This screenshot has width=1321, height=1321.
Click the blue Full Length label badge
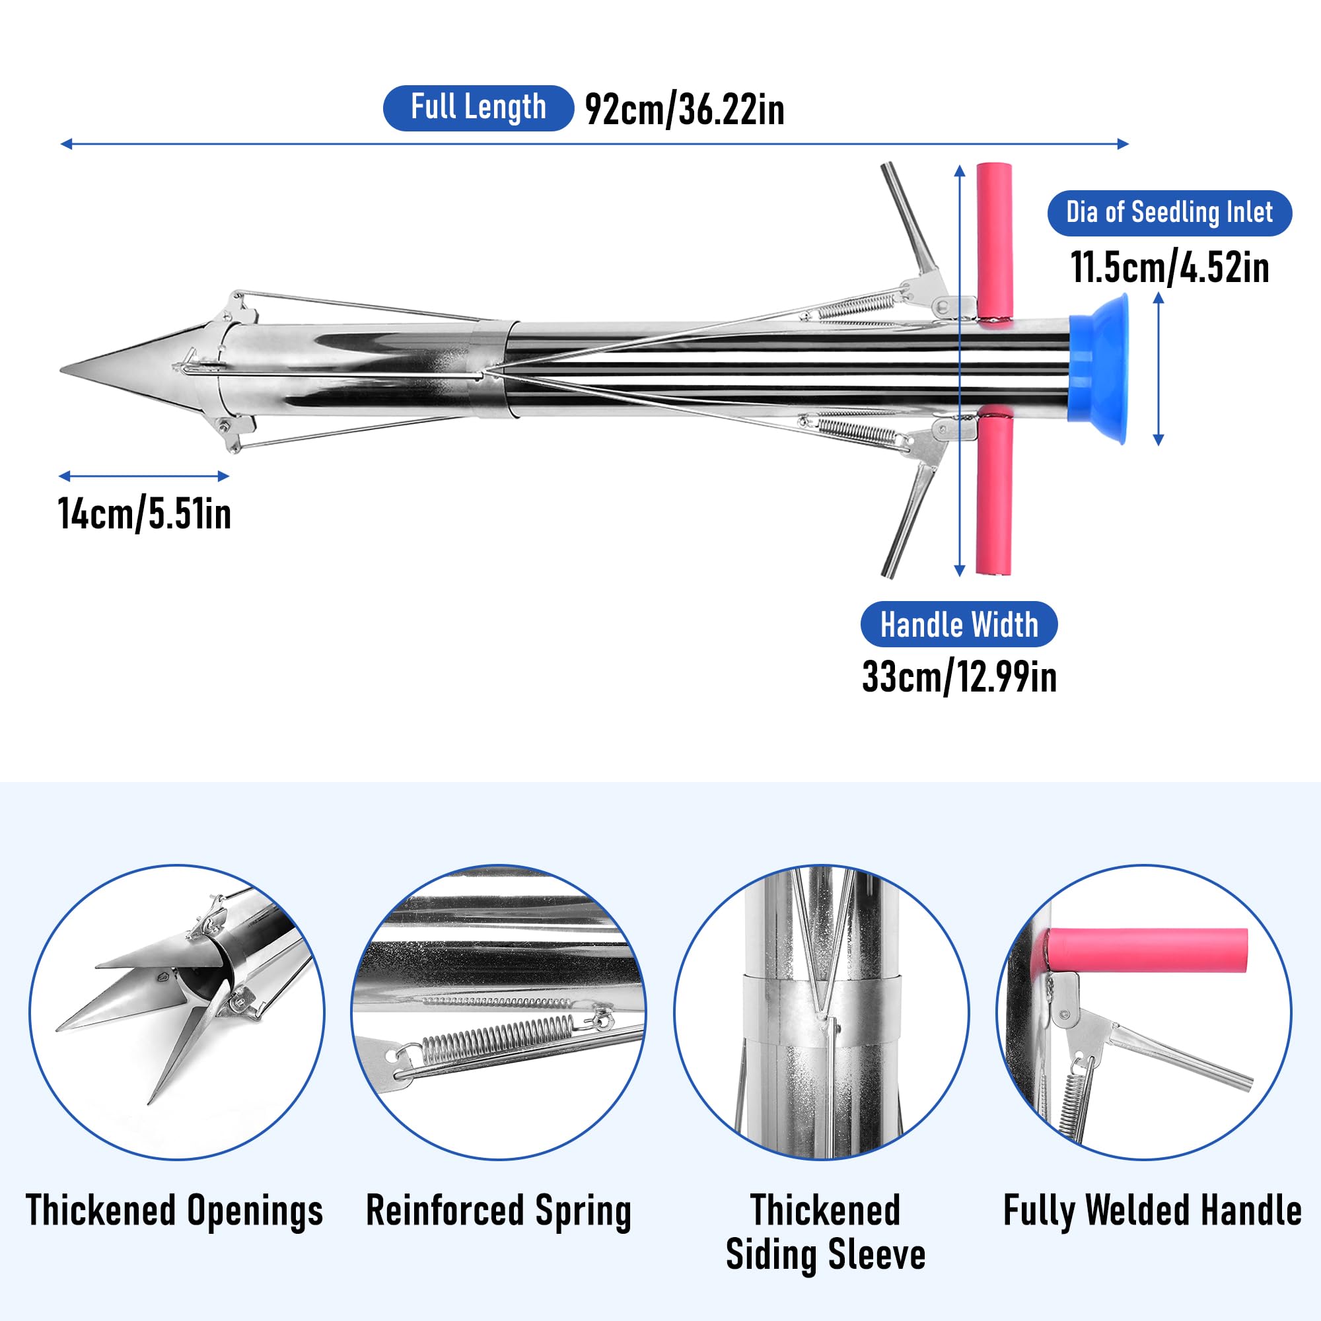point(478,108)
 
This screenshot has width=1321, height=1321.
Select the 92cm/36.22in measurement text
point(684,110)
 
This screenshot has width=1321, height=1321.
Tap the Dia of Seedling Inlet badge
point(1169,213)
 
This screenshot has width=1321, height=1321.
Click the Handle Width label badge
point(958,624)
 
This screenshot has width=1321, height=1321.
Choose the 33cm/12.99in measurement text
point(958,678)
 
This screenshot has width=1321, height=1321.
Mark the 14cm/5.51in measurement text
point(144,514)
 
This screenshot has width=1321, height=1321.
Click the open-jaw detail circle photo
point(176,1013)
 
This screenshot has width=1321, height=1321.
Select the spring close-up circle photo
point(499,1013)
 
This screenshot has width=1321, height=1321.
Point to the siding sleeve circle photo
point(821,1013)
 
